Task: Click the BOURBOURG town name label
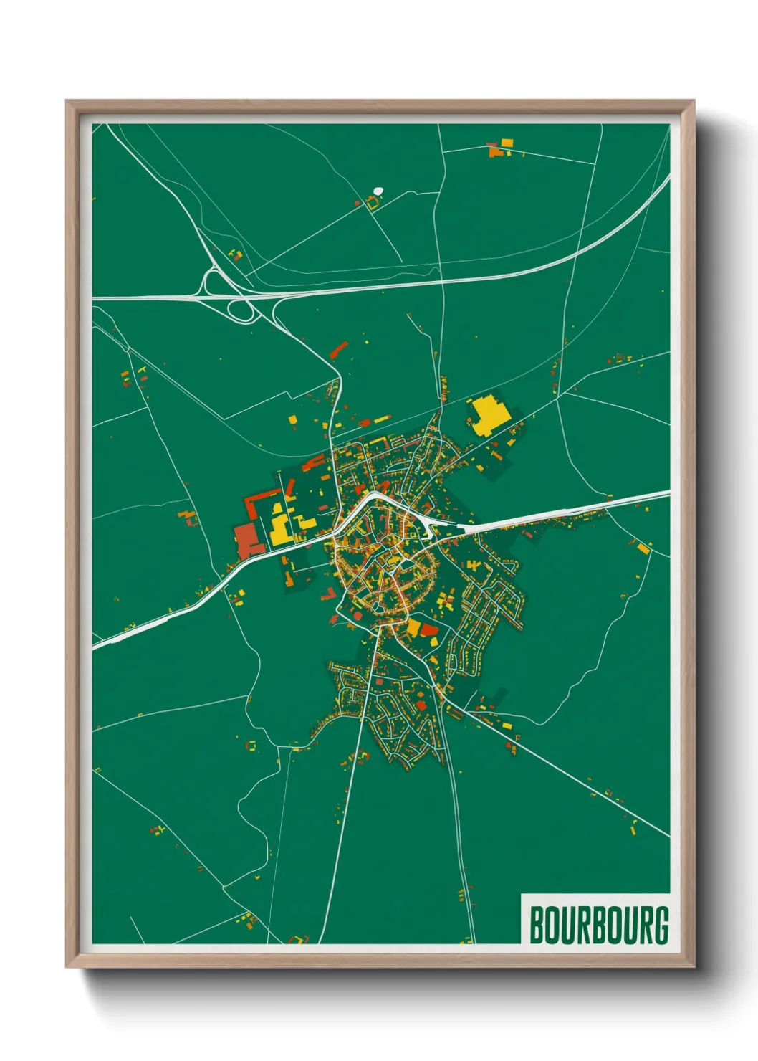(x=599, y=925)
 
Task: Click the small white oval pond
(x=378, y=191)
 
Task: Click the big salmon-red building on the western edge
(x=249, y=540)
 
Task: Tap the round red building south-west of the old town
(x=358, y=614)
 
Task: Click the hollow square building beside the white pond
(x=372, y=204)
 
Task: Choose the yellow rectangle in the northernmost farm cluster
(x=507, y=143)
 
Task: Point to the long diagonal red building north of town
(x=338, y=350)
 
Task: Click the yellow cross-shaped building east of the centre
(x=446, y=598)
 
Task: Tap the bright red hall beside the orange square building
(x=430, y=630)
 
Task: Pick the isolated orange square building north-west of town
(x=292, y=419)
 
